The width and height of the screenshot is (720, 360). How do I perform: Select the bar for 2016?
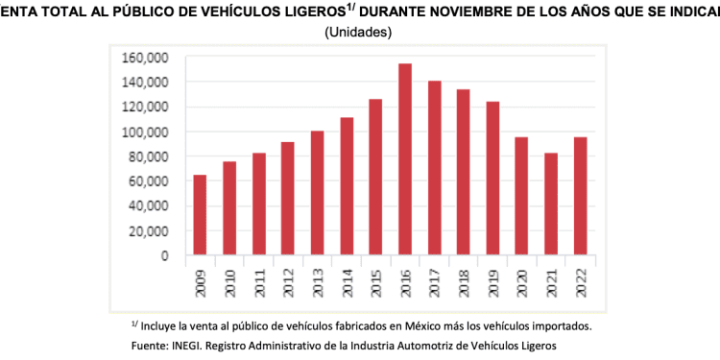click(x=405, y=159)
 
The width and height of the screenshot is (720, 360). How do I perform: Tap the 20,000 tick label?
click(x=150, y=231)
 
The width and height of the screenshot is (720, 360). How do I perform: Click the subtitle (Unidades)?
click(x=360, y=32)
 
